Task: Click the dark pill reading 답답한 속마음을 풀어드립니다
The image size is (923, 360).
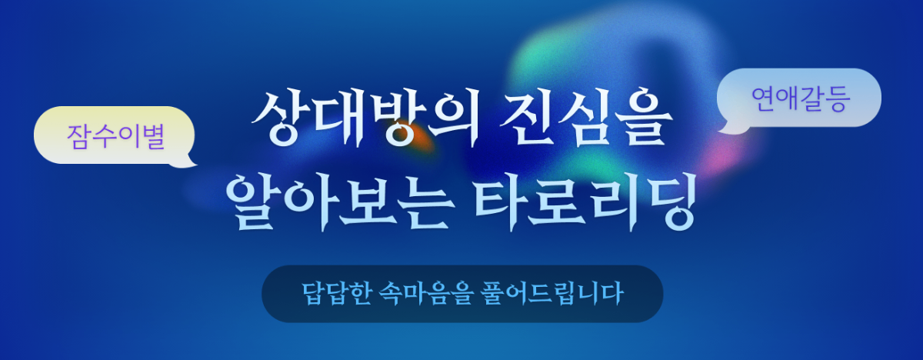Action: click(x=461, y=294)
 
